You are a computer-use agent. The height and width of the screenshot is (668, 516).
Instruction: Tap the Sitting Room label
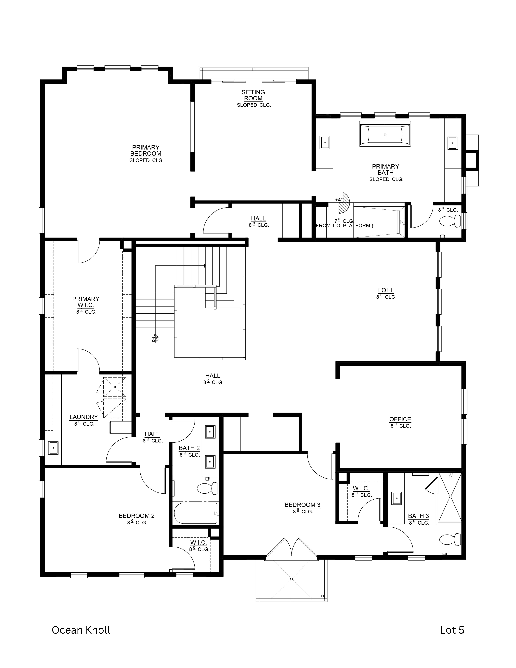[x=253, y=95]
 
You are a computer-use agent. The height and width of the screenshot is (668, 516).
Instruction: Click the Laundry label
[x=83, y=417]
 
